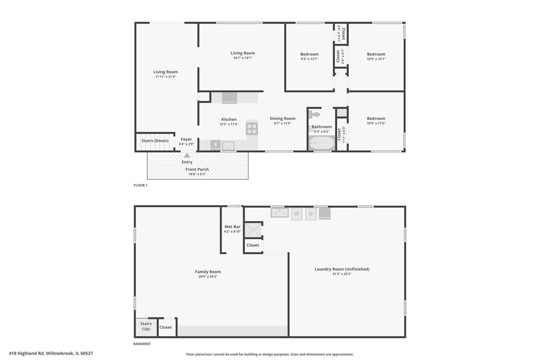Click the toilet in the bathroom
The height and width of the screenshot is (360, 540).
click(314, 114)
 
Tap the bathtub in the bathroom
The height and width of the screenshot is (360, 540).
click(322, 143)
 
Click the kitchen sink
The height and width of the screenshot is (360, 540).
click(228, 146)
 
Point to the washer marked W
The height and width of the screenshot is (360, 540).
click(297, 214)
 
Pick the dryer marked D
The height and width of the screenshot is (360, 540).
click(311, 214)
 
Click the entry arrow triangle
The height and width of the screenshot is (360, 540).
click(187, 155)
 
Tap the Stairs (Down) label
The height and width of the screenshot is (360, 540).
click(155, 141)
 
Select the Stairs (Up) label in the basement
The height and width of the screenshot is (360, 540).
click(146, 326)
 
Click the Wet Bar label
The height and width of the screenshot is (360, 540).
click(232, 227)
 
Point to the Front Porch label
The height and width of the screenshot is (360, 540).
click(197, 169)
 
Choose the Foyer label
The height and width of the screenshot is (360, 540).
click(186, 139)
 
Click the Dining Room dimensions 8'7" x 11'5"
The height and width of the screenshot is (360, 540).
click(283, 123)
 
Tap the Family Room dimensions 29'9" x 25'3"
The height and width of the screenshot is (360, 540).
click(208, 277)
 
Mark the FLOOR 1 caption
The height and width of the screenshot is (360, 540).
click(141, 185)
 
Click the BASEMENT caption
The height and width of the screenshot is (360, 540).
click(142, 344)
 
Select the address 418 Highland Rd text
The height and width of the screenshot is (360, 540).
click(27, 353)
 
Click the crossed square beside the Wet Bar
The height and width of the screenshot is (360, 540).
click(253, 230)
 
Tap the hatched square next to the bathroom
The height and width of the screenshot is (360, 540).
click(342, 112)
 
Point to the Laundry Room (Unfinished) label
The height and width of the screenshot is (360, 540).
click(342, 269)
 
